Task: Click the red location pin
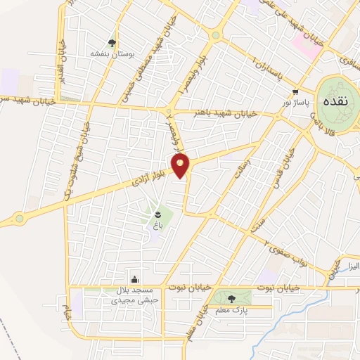(181, 166)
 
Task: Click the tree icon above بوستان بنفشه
(112, 43)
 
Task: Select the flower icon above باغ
(157, 214)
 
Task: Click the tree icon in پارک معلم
(232, 299)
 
